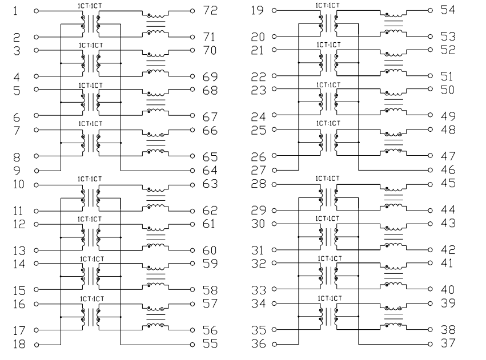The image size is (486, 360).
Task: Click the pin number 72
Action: click(211, 10)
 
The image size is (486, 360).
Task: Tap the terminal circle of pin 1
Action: click(36, 11)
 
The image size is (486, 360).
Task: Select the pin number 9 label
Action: click(17, 171)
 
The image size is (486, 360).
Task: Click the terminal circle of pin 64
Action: click(192, 171)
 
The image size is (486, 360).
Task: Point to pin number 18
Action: click(19, 344)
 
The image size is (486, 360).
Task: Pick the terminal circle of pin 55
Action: click(192, 345)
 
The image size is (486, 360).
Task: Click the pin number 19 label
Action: click(258, 10)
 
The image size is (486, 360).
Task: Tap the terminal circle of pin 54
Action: click(430, 10)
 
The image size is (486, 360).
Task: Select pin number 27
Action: click(258, 170)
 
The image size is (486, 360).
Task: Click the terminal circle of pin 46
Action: click(430, 170)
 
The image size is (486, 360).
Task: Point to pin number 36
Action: click(258, 343)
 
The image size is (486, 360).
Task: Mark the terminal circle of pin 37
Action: click(430, 344)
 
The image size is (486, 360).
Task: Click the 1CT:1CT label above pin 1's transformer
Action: click(90, 6)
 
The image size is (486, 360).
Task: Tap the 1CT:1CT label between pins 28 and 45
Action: click(327, 179)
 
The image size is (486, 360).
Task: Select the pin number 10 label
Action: click(19, 184)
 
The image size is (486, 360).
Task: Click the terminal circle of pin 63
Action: click(192, 185)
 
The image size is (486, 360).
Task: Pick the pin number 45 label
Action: click(448, 183)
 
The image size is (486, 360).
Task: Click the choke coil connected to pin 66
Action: click(155, 134)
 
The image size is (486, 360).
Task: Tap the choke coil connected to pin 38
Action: click(393, 325)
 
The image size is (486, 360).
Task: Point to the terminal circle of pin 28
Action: click(274, 184)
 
